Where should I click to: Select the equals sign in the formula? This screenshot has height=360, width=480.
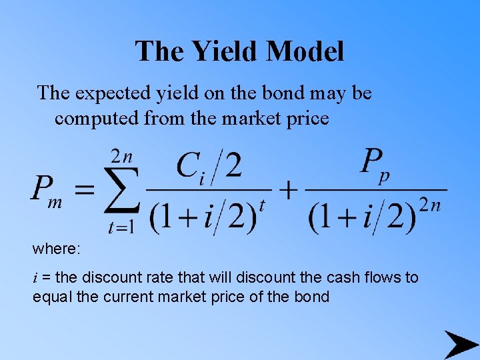(x=83, y=190)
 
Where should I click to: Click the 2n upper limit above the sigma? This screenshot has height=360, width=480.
(x=121, y=158)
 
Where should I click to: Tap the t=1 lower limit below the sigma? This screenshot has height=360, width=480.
(x=121, y=227)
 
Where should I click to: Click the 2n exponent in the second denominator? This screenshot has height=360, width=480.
(x=430, y=205)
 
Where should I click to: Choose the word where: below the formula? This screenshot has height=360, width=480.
(x=57, y=249)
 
